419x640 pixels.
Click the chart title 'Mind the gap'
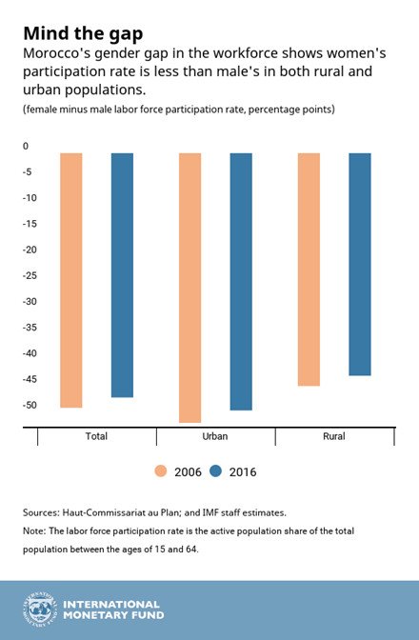(83, 33)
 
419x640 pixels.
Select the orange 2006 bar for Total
(70, 280)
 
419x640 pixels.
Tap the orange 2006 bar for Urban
(190, 287)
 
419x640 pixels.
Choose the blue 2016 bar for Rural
(359, 264)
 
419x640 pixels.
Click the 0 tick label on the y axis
(26, 146)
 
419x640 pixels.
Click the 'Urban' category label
(215, 436)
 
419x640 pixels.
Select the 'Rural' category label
(333, 436)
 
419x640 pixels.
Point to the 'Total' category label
(96, 436)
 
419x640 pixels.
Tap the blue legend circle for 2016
(215, 471)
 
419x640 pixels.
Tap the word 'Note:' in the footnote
(38, 530)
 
